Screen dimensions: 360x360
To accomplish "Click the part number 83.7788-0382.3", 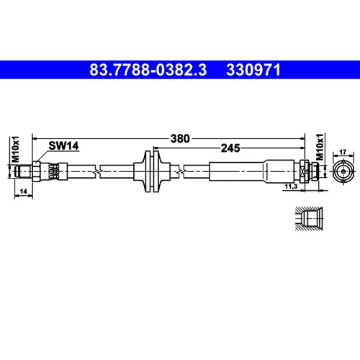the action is [148, 70].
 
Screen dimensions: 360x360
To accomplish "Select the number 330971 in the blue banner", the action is [253, 70].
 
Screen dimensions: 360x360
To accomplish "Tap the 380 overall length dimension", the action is [180, 138].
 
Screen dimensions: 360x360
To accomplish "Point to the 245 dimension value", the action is [230, 148].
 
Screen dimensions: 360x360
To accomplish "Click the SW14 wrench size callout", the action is [63, 145].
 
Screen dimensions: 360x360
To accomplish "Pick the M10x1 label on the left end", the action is [16, 149].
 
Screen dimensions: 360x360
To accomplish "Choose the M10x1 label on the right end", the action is [320, 147].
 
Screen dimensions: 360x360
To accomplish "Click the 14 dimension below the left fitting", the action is [23, 192].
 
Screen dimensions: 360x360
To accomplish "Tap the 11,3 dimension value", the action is [291, 186].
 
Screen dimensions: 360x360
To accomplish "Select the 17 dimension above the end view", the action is [343, 152].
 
